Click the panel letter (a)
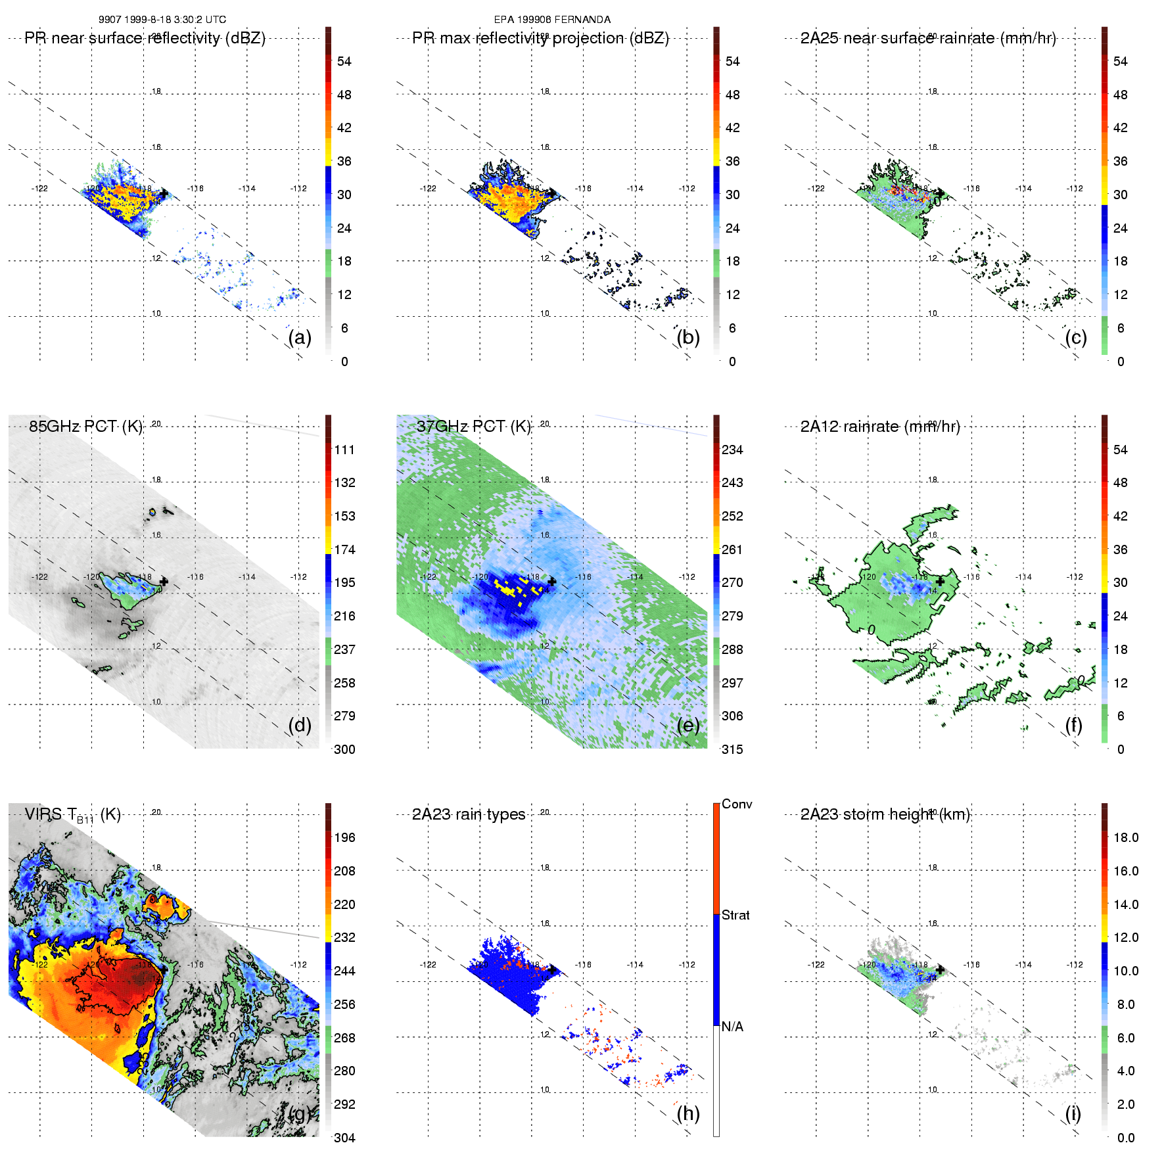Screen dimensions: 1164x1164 click(299, 337)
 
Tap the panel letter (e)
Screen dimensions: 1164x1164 click(687, 725)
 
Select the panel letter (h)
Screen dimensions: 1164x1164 click(687, 1113)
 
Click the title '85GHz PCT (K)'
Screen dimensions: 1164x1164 click(85, 427)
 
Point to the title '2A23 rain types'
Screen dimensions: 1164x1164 click(469, 814)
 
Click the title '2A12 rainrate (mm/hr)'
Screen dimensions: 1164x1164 click(880, 427)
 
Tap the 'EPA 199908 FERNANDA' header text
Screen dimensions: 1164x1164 click(552, 20)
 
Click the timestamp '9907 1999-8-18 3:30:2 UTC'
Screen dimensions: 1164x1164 click(162, 20)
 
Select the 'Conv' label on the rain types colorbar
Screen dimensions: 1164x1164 click(737, 804)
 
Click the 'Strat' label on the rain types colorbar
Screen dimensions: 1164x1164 click(735, 915)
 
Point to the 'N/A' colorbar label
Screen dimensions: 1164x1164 click(733, 1027)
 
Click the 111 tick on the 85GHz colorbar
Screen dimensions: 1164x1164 click(344, 450)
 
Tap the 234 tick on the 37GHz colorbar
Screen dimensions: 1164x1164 click(732, 450)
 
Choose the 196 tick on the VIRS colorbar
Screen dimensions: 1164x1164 click(344, 837)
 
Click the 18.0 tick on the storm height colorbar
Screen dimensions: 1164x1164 click(1126, 837)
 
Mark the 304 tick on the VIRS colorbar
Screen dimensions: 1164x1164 click(344, 1138)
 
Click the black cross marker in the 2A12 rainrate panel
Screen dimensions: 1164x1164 click(940, 582)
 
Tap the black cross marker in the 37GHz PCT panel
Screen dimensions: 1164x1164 click(551, 582)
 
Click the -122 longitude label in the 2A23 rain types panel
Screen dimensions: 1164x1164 click(428, 965)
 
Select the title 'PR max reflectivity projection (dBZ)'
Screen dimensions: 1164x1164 click(540, 38)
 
